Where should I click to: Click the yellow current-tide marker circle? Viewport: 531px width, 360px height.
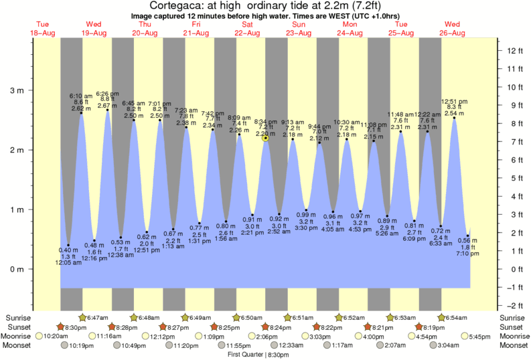point(266,138)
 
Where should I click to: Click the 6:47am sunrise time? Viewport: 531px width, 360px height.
point(97,317)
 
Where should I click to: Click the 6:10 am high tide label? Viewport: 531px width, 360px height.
point(81,96)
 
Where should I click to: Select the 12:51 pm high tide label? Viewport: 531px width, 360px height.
point(454,102)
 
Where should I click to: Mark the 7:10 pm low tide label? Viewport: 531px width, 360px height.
point(467,254)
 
